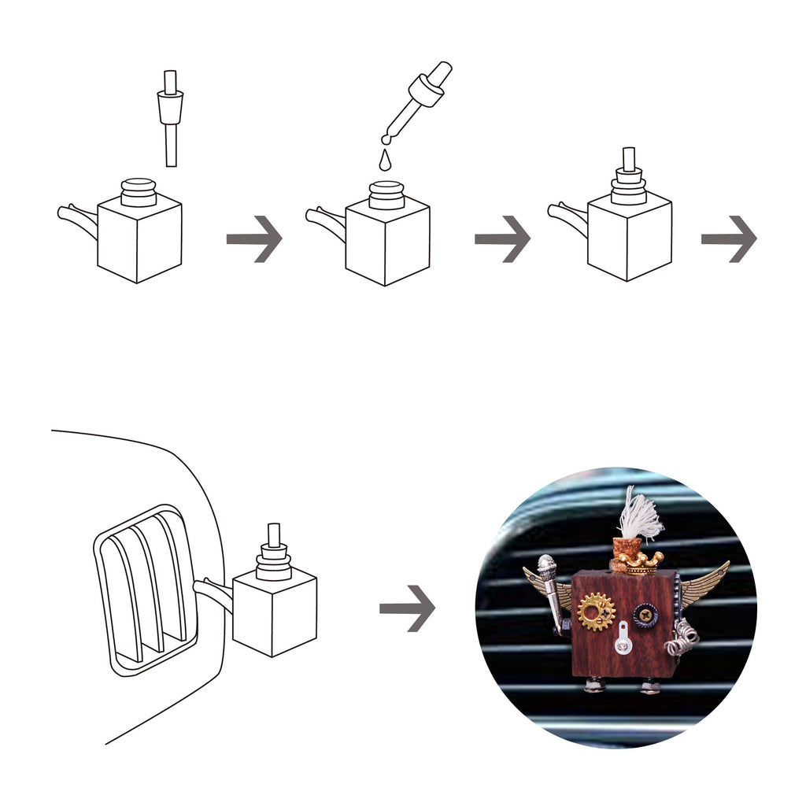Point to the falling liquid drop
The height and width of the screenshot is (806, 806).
click(384, 161)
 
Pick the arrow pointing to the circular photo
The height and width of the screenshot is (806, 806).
click(407, 607)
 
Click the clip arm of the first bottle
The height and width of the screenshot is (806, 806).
click(77, 216)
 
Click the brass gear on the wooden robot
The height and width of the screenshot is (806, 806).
click(596, 612)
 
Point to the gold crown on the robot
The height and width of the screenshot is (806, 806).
click(640, 561)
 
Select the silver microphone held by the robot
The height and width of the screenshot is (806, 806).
click(549, 582)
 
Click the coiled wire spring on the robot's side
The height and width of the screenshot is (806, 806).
click(682, 636)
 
